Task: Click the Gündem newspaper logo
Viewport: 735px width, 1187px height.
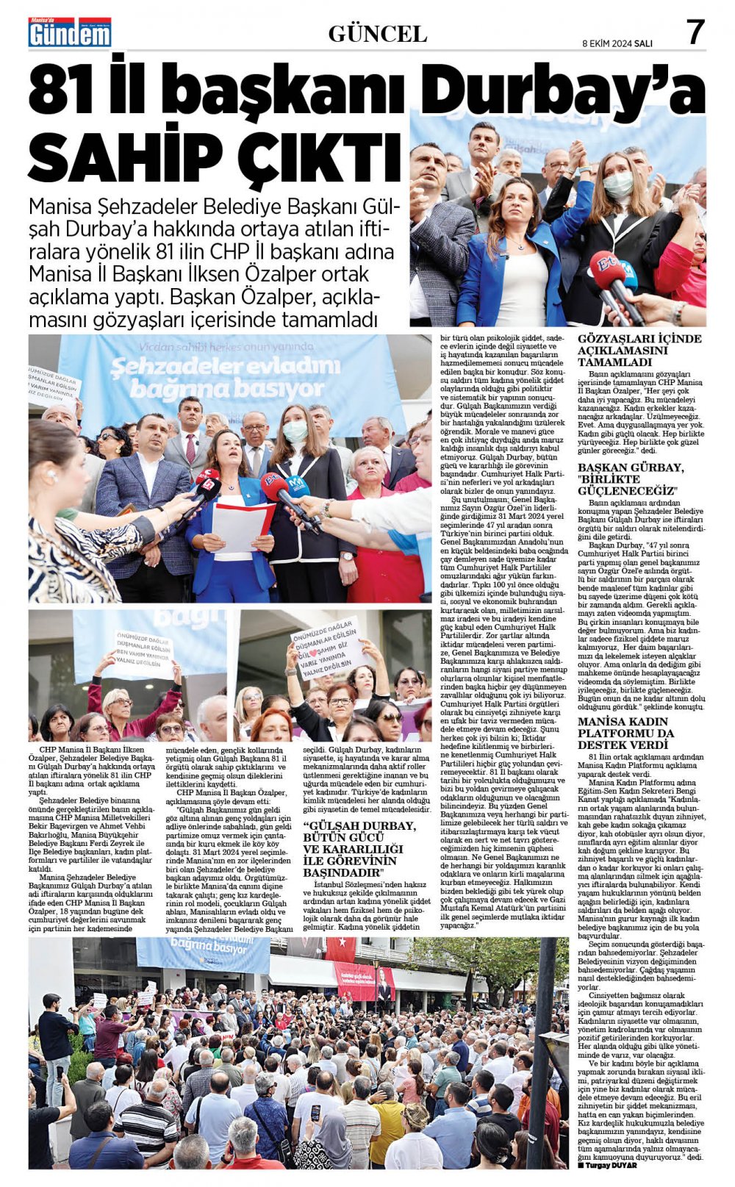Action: (x=70, y=33)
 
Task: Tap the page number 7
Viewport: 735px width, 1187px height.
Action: (x=695, y=32)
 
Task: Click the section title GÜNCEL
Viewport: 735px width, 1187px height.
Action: (x=377, y=34)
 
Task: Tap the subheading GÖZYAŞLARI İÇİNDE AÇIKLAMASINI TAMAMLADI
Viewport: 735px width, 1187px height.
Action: (x=639, y=350)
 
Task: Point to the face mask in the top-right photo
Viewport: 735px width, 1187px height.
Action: (x=619, y=184)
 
